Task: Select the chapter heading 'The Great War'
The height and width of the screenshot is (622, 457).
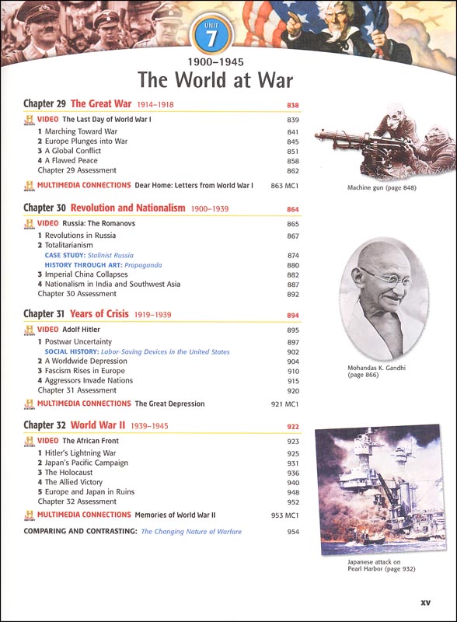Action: (x=101, y=103)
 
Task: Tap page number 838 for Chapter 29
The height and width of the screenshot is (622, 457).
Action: (x=293, y=104)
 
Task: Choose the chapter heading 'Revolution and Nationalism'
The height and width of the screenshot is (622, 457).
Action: (x=127, y=208)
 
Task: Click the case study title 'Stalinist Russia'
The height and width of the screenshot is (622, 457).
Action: (x=110, y=255)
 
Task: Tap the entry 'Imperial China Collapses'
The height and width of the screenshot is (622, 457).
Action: (x=91, y=274)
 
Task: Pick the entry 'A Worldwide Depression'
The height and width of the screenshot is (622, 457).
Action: (x=85, y=362)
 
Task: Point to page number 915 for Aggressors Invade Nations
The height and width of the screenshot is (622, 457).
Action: (x=293, y=381)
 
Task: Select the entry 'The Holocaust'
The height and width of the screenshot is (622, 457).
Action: (x=68, y=473)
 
